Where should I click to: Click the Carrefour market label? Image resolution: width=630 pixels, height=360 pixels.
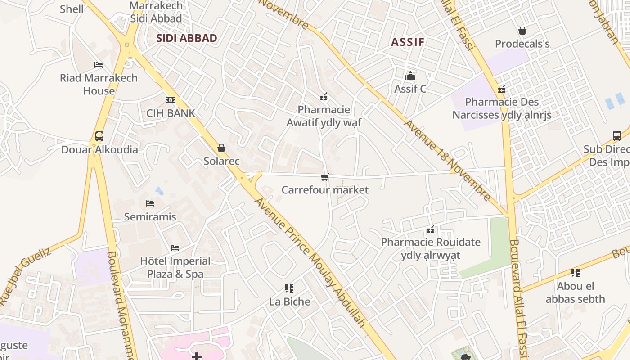(325, 190)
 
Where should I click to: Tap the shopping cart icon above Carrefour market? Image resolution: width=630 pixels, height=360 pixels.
(325, 177)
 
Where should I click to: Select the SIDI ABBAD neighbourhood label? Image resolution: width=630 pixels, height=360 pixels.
(187, 38)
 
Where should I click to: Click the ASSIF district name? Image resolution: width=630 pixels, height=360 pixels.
(408, 42)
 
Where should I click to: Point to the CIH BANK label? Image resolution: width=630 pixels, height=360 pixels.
(171, 113)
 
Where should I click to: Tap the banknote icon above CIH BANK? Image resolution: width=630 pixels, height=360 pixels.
(171, 100)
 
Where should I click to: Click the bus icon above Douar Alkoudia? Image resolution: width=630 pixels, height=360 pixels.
(99, 136)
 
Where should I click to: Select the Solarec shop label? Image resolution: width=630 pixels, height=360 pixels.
(221, 161)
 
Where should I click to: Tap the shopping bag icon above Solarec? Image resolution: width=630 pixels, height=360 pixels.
(221, 148)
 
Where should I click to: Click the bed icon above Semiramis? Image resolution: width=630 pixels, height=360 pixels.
(150, 203)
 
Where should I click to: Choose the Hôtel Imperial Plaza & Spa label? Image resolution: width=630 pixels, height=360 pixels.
(175, 267)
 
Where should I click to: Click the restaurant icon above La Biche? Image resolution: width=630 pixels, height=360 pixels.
(289, 288)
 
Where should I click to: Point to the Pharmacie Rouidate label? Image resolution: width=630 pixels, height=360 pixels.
(431, 248)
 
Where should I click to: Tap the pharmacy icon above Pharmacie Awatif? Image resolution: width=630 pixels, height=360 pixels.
(324, 97)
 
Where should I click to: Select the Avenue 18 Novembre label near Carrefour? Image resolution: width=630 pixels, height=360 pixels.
(448, 160)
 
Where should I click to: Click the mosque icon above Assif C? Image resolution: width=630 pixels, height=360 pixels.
(410, 76)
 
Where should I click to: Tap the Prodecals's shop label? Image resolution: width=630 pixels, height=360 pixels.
(522, 44)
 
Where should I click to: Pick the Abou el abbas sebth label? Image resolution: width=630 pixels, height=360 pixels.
(576, 292)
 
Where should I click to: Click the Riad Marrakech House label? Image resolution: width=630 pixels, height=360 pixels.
(99, 84)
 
